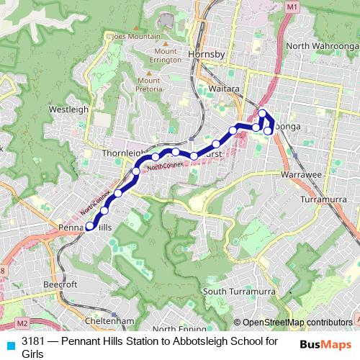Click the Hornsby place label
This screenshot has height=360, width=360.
point(206,55)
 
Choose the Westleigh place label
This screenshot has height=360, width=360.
point(69,109)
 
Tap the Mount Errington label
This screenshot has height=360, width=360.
point(165,55)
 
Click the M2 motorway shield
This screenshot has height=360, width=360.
point(22,323)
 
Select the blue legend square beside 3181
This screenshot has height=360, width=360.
point(10,344)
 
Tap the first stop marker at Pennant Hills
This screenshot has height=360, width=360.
point(90,226)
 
